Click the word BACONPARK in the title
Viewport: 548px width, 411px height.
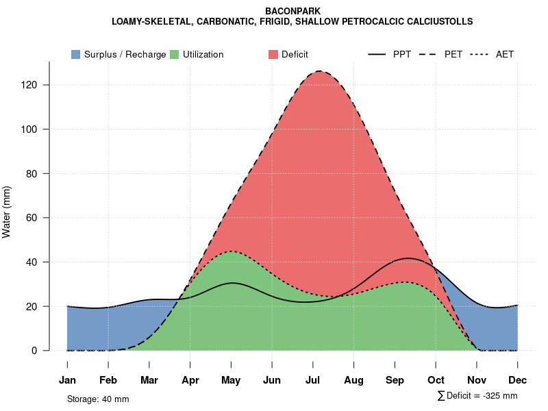[x=292, y=12]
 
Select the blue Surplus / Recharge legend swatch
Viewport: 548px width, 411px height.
[x=76, y=54]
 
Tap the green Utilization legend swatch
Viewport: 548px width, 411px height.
[x=175, y=54]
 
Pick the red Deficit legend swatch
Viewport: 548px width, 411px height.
[x=273, y=54]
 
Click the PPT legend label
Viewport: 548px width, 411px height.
[x=401, y=54]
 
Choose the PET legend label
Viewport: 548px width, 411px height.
[x=453, y=54]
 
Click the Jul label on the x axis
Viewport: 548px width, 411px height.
[x=313, y=380]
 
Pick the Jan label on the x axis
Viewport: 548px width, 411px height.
[x=67, y=380]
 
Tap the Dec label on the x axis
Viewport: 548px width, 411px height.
[x=518, y=380]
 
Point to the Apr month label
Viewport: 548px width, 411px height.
[x=190, y=380]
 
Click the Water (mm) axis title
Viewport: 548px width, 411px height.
[x=7, y=212]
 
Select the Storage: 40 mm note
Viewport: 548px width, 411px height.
[x=98, y=399]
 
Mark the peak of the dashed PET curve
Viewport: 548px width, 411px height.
[x=319, y=71]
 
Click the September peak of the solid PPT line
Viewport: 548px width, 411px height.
[x=408, y=258]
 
